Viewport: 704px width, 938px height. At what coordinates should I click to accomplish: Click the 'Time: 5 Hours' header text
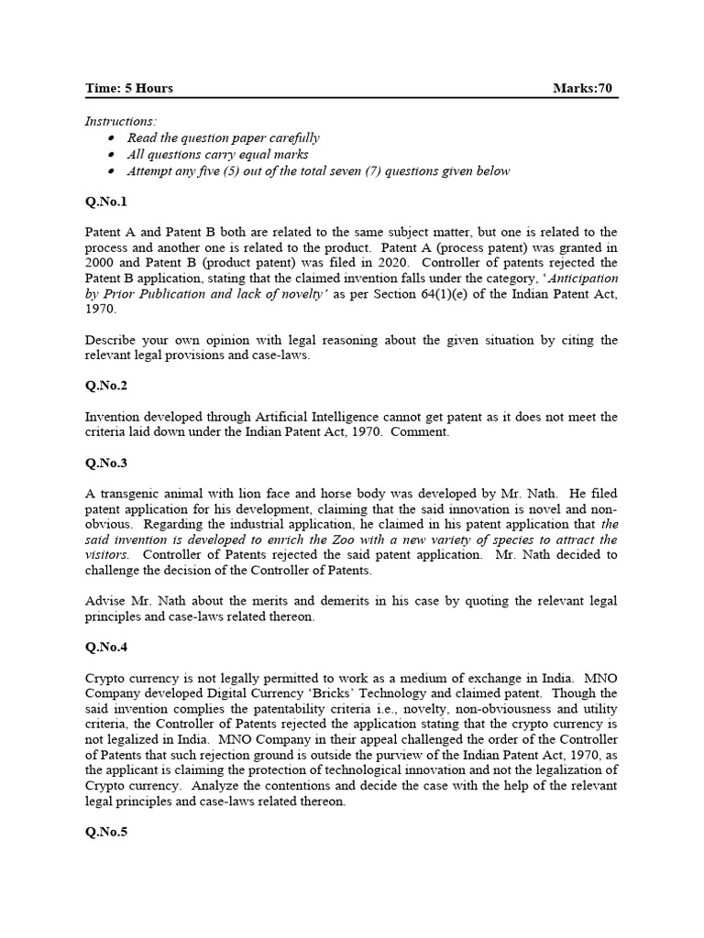pos(128,89)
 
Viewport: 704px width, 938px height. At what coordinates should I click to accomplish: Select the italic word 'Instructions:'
pos(120,121)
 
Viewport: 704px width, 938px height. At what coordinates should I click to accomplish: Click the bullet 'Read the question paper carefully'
pos(223,137)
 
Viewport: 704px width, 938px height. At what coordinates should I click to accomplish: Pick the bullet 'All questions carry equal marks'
pos(217,154)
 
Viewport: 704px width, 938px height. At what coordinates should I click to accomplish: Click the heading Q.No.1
pos(107,202)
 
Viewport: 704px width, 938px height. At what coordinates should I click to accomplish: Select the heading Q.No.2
pos(107,387)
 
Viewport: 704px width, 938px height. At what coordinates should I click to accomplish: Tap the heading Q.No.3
pos(107,464)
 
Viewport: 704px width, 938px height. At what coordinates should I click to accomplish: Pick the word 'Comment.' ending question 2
pos(420,432)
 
